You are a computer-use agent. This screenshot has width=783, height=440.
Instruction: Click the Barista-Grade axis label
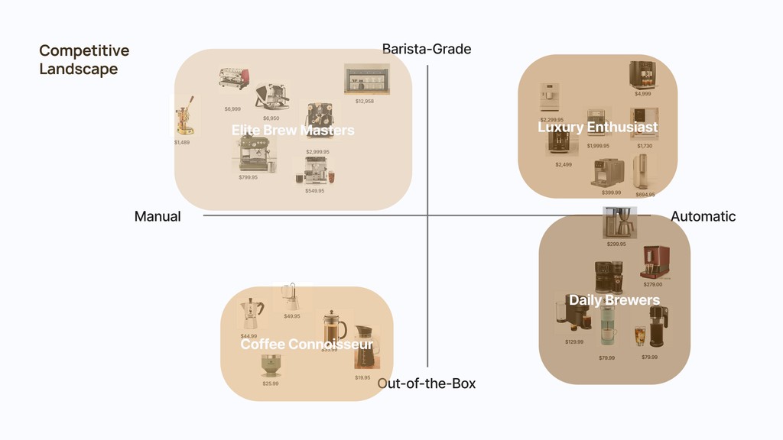[x=427, y=50]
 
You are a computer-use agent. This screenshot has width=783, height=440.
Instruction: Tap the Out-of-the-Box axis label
[x=427, y=383]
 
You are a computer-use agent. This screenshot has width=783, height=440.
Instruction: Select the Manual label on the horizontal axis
[x=158, y=217]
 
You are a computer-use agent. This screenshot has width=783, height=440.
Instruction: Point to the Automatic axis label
[x=703, y=217]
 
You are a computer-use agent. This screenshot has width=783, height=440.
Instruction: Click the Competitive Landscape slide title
[x=84, y=60]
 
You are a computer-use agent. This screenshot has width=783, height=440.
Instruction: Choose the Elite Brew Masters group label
[x=293, y=131]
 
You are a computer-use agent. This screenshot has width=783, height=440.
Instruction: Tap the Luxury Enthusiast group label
[x=597, y=128]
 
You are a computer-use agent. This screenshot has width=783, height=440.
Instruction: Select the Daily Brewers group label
[x=614, y=300]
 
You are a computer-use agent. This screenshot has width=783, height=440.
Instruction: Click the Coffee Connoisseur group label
[x=307, y=345]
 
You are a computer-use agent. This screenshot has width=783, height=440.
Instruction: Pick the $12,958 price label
[x=365, y=102]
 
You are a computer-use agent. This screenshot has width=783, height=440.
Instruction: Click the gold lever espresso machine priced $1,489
[x=182, y=116]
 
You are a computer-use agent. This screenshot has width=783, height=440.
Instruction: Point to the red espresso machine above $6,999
[x=233, y=79]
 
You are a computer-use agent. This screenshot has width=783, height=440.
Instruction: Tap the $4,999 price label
[x=642, y=94]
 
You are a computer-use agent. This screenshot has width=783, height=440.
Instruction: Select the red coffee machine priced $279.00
[x=655, y=262]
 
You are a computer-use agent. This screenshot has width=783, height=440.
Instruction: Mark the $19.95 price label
[x=362, y=378]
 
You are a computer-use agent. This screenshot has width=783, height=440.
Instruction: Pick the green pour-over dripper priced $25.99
[x=270, y=365]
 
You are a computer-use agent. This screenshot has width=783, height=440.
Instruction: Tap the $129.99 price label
[x=574, y=342]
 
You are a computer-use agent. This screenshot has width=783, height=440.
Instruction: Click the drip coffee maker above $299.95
[x=619, y=222]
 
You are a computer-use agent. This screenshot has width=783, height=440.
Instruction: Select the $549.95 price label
[x=314, y=191]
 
